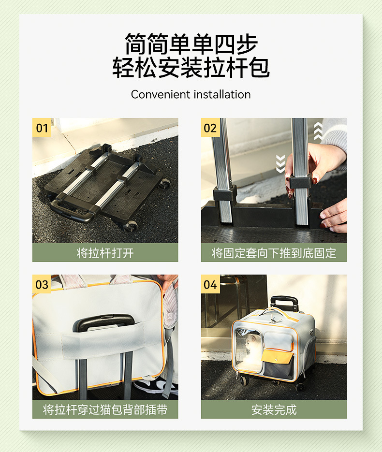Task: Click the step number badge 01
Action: point(42,128)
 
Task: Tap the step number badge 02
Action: point(210,128)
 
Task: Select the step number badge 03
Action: point(42,284)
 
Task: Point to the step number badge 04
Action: point(210,284)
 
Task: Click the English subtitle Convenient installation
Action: point(191,95)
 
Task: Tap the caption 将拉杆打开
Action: point(105,253)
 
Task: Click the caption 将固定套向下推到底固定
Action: point(274,253)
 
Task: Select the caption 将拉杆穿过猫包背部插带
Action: point(105,409)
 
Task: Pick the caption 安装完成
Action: point(274,409)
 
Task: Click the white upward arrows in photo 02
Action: point(318,131)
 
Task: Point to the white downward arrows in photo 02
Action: point(280,164)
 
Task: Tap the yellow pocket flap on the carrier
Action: point(277,357)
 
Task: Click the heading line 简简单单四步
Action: point(191,44)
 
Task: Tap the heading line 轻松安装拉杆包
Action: point(191,67)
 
